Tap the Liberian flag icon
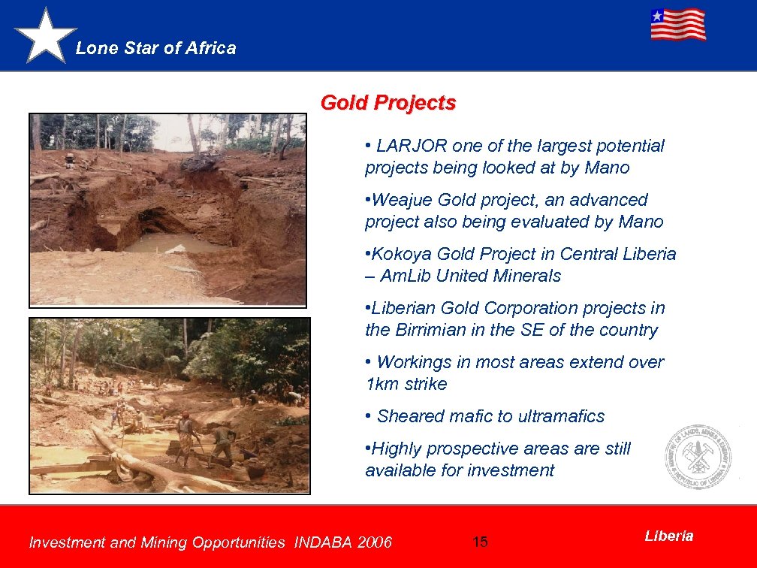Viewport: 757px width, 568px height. pyautogui.click(x=677, y=24)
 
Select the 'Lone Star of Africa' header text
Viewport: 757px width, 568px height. pyautogui.click(x=156, y=49)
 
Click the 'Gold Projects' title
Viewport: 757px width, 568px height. pyautogui.click(x=388, y=102)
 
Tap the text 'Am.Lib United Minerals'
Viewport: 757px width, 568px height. pyautogui.click(x=470, y=276)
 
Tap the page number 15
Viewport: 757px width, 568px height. pyautogui.click(x=480, y=542)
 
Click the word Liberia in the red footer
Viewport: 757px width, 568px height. pyautogui.click(x=668, y=536)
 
